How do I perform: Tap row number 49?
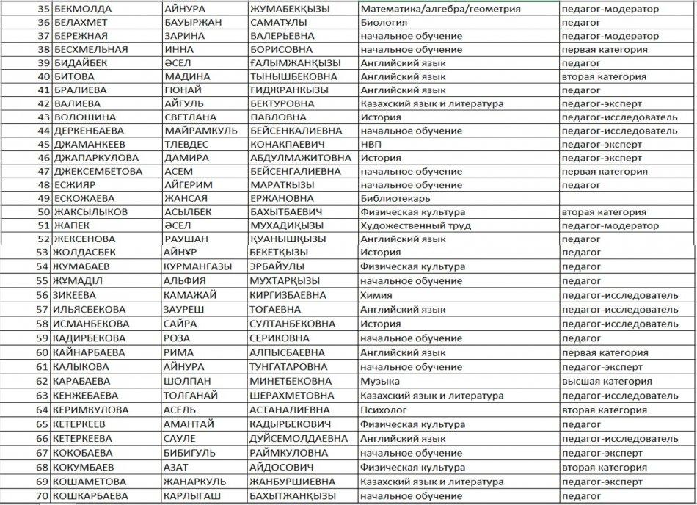(42, 198)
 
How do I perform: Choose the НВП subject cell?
(371, 144)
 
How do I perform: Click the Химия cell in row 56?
(376, 295)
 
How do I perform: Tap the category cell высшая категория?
(606, 382)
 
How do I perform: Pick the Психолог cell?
(384, 410)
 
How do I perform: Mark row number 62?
(42, 382)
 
